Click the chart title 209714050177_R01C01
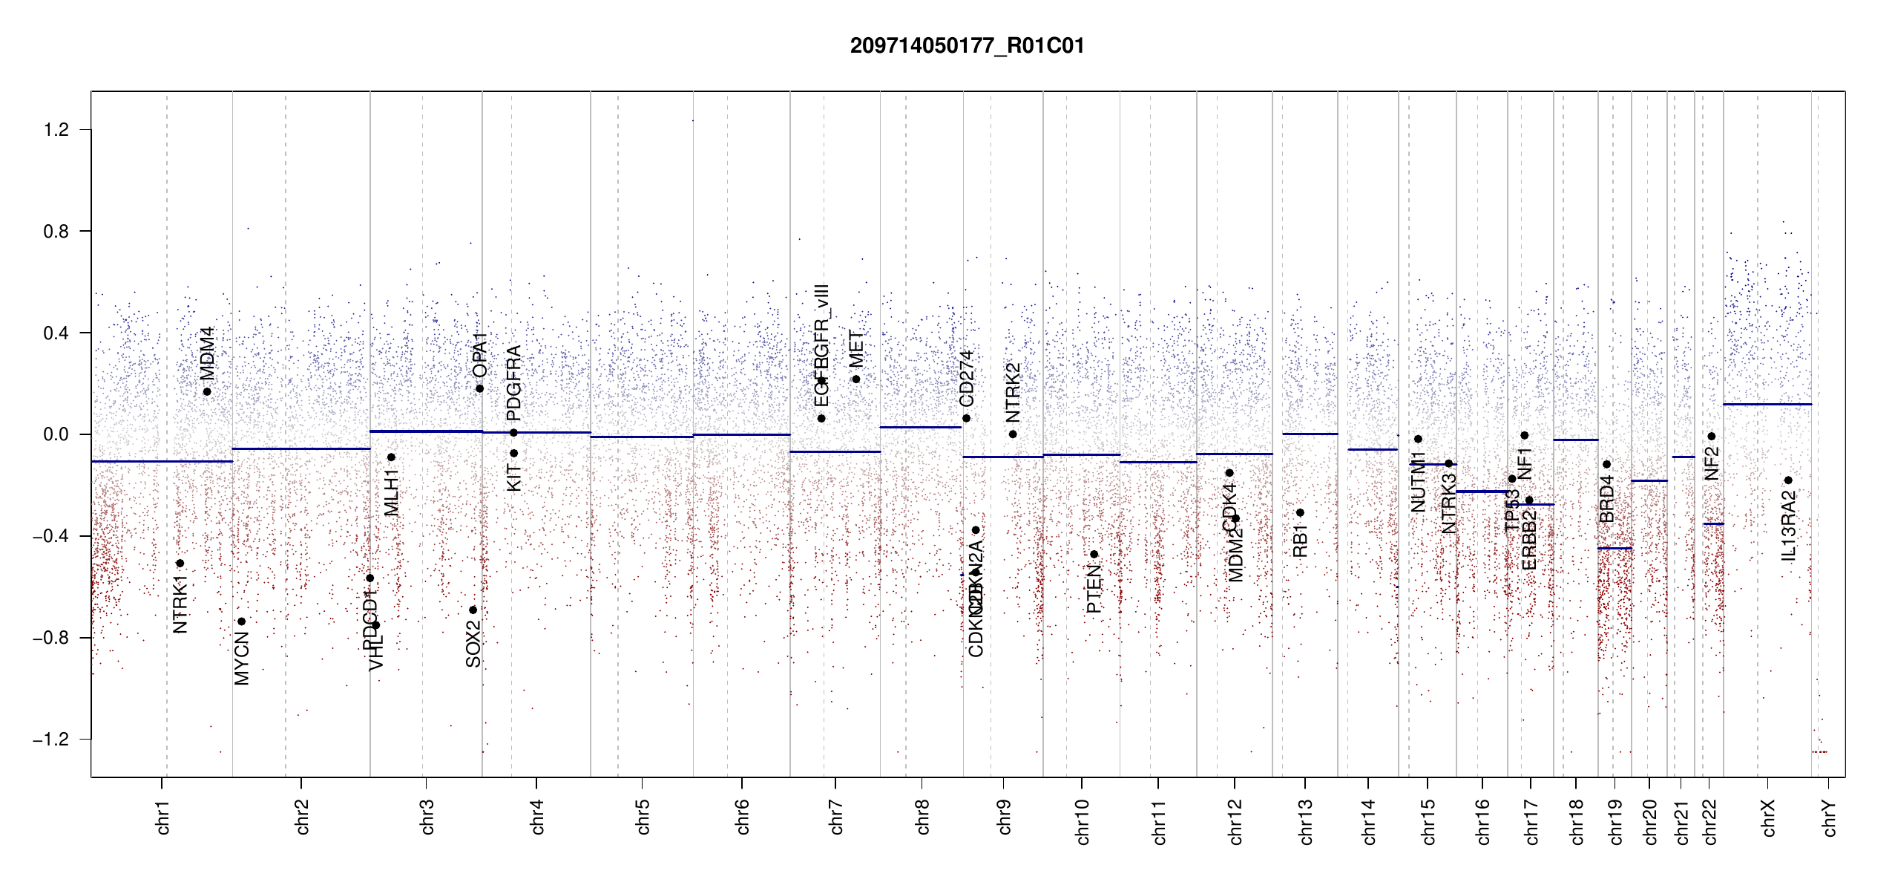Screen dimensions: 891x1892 click(967, 46)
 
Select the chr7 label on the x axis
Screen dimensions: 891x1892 click(836, 817)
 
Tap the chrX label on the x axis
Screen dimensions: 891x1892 click(1768, 817)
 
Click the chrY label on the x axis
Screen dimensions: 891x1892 click(1829, 817)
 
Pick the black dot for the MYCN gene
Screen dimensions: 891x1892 click(241, 621)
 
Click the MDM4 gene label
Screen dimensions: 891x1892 click(207, 353)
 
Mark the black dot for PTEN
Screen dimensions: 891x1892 click(1094, 555)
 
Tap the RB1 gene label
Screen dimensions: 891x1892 click(1300, 541)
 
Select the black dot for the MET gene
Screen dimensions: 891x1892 click(856, 379)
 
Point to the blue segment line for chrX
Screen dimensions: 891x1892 click(1767, 405)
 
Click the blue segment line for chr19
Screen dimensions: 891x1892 click(1615, 549)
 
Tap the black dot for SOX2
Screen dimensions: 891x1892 click(473, 610)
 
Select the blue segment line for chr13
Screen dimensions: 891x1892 click(1310, 434)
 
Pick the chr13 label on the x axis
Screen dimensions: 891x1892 click(1306, 821)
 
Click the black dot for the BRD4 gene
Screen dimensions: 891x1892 click(1606, 464)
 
